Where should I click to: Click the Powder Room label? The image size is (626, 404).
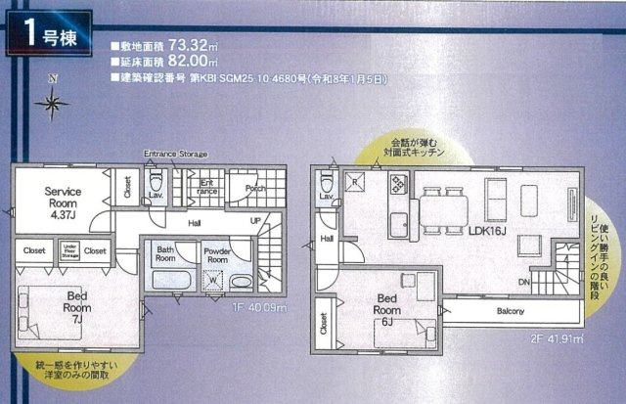click(x=217, y=254)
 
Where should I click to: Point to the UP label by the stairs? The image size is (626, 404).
click(x=255, y=221)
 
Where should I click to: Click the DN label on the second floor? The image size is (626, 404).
click(x=523, y=281)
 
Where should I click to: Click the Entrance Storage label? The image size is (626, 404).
click(x=175, y=154)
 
